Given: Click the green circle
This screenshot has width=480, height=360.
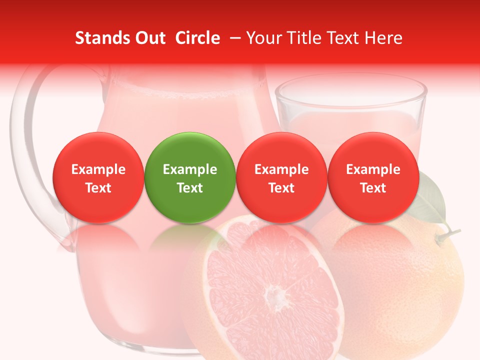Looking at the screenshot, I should pos(189,177).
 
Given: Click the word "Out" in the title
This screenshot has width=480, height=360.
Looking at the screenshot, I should pos(148,38).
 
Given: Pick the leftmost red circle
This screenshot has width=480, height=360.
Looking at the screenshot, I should pos(98,177).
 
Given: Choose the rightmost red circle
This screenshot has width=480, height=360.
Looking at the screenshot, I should pos(373,177).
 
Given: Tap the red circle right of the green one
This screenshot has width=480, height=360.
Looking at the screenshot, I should pos(281,177).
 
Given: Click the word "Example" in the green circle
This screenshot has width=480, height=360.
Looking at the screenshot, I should pos(190,169).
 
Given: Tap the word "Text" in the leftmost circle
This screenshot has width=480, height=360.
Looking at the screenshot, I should pos(98,188).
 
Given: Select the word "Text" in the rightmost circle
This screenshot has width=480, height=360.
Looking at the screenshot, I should pos(373,188).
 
